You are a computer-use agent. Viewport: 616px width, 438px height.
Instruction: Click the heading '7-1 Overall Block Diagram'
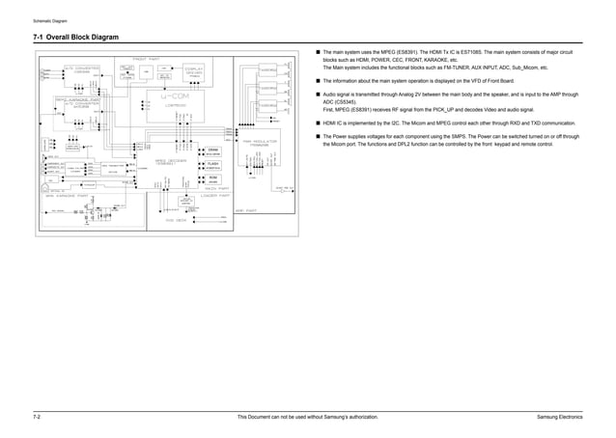click(x=76, y=38)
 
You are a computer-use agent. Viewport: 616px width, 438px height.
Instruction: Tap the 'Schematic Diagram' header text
click(x=50, y=20)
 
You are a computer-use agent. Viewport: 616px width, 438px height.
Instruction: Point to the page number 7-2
click(x=37, y=416)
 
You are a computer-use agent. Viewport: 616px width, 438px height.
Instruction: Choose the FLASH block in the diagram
click(x=212, y=165)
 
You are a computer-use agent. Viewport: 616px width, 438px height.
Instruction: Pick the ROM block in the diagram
click(x=212, y=179)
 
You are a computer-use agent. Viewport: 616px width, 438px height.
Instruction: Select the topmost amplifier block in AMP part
click(x=269, y=69)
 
